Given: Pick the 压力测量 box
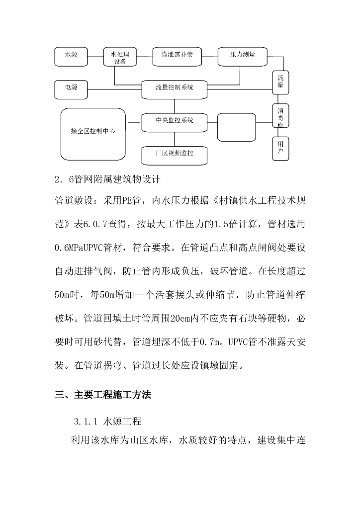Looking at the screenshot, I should click(242, 56).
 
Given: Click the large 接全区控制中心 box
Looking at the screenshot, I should click(93, 133).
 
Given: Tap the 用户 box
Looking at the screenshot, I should click(280, 148).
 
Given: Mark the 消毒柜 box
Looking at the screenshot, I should click(280, 117).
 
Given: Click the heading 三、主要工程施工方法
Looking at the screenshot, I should click(102, 396).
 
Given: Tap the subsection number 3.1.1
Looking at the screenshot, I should click(86, 422).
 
